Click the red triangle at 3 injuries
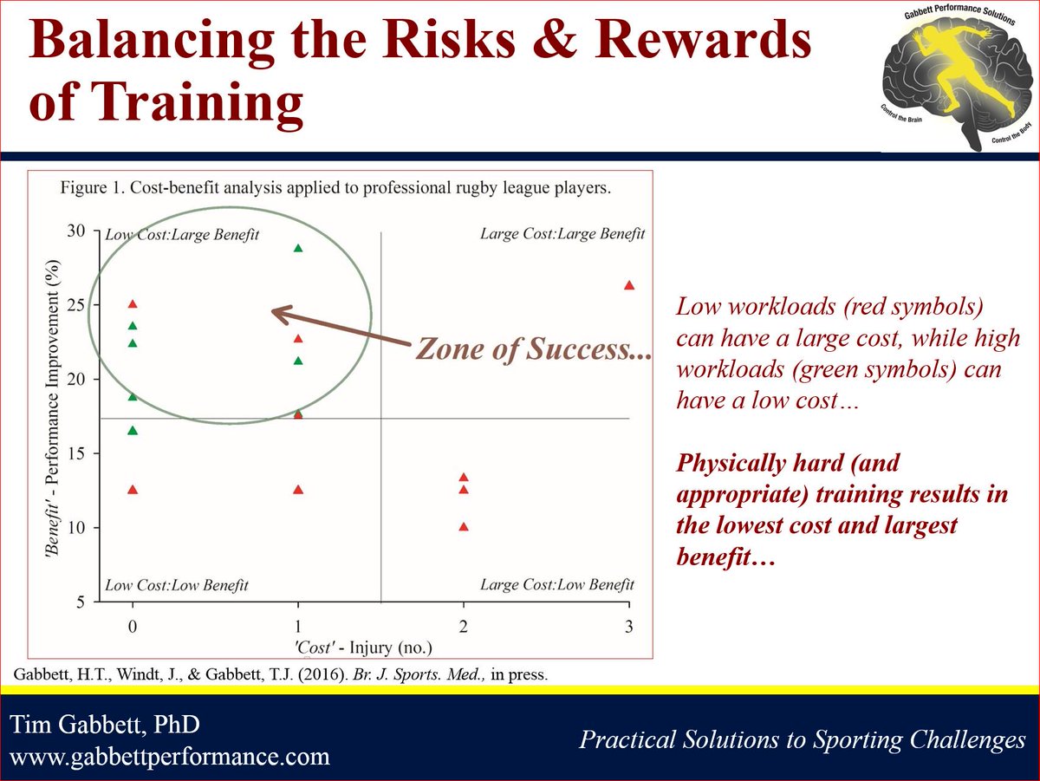click(x=628, y=285)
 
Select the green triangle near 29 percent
click(x=298, y=248)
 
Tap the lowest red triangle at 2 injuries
click(x=464, y=526)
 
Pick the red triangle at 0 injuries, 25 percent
click(x=133, y=303)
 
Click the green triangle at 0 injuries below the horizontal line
click(x=133, y=430)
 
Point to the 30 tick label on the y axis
click(x=75, y=231)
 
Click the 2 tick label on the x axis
click(x=464, y=627)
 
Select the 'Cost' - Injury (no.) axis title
click(x=363, y=648)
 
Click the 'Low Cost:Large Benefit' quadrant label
click(x=182, y=235)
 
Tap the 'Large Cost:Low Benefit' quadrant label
click(x=557, y=584)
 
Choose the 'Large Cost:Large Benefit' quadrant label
click(x=562, y=234)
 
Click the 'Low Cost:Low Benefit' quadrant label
click(x=177, y=585)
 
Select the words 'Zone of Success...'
click(x=533, y=348)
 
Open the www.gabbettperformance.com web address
click(x=169, y=758)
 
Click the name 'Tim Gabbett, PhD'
click(x=105, y=724)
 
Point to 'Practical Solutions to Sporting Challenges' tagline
click(x=803, y=739)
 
